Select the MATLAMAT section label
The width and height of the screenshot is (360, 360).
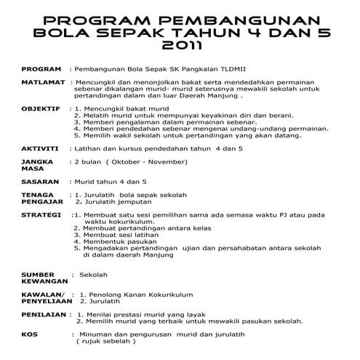click(x=43, y=84)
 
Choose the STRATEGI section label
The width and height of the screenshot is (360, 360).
click(x=41, y=215)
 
